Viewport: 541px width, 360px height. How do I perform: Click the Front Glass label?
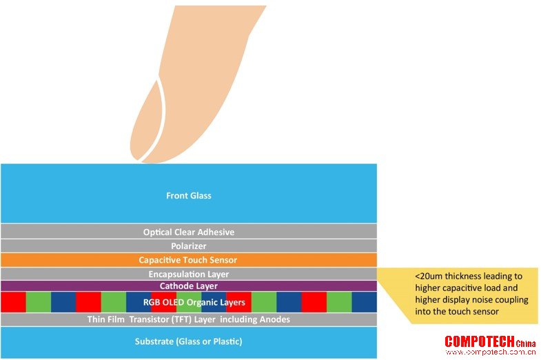click(189, 196)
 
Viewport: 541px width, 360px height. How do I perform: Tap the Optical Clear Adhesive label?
click(189, 232)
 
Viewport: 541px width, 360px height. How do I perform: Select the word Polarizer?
click(189, 246)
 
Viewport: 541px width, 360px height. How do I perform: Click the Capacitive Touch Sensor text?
click(188, 260)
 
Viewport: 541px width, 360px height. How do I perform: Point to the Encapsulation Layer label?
click(189, 274)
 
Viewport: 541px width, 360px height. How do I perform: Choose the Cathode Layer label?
click(189, 286)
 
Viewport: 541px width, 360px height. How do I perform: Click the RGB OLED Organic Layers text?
click(194, 302)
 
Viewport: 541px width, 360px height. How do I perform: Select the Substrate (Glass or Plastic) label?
click(188, 341)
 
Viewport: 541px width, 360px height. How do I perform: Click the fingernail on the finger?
click(147, 124)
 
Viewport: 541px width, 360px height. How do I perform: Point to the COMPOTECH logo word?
click(480, 341)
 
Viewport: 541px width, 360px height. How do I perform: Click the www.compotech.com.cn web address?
click(491, 352)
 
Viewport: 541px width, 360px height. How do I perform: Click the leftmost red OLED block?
click(14, 302)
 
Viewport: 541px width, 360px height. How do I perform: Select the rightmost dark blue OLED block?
click(365, 302)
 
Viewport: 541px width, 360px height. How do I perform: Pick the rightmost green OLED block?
click(339, 302)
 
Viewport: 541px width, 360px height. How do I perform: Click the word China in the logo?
click(526, 343)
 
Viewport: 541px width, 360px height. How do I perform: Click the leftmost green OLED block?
click(39, 302)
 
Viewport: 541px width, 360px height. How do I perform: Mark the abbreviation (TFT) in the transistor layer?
click(181, 319)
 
